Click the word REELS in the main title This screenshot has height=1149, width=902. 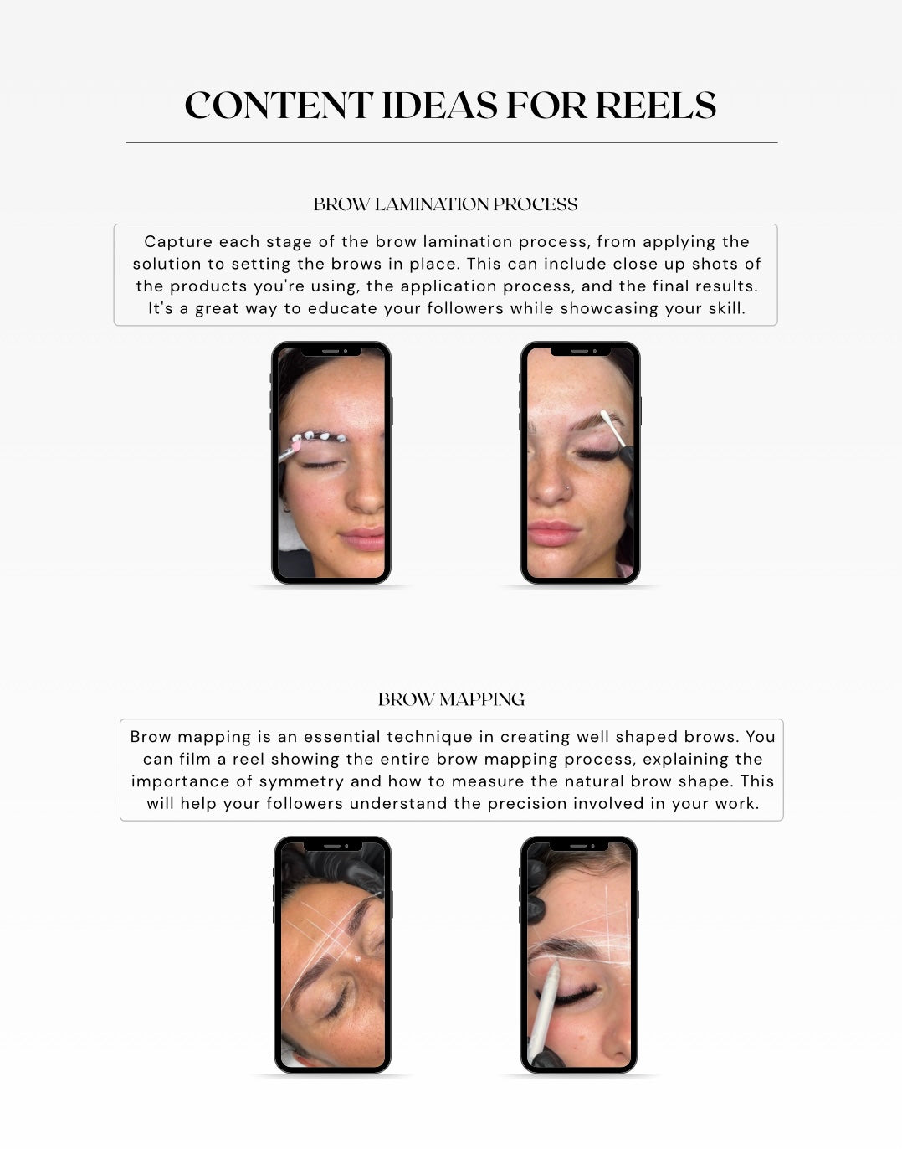[655, 105]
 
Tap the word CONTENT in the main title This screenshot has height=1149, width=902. [279, 105]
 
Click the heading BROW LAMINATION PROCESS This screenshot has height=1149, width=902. [445, 204]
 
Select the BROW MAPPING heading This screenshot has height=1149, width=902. [452, 699]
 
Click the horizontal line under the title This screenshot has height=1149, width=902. [452, 142]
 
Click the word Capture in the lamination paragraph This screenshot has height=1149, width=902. [178, 242]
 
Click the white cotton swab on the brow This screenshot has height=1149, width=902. [613, 428]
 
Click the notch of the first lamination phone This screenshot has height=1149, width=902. [331, 351]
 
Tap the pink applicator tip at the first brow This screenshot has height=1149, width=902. [296, 446]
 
